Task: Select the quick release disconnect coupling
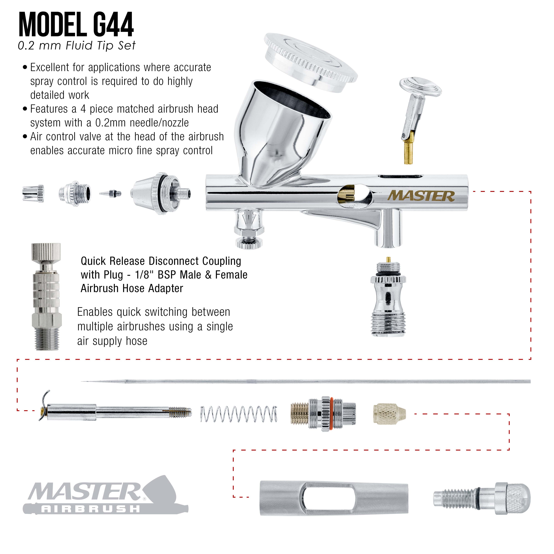[46, 297]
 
